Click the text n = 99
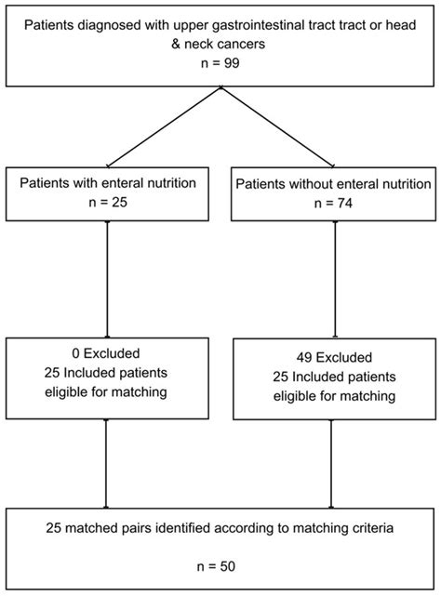[220, 63]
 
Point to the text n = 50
[220, 564]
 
